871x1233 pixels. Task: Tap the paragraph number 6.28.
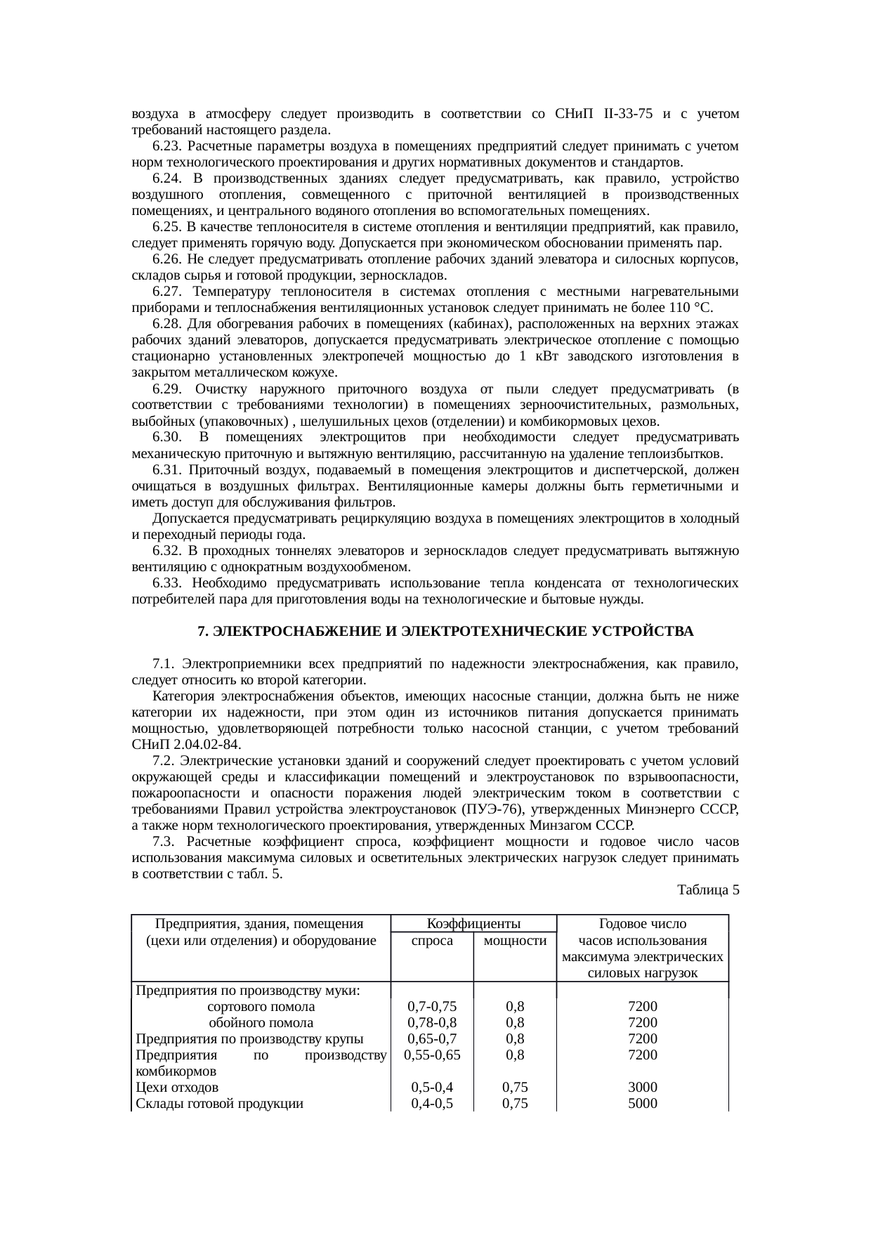click(166, 324)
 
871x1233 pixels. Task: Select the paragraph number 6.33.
click(166, 583)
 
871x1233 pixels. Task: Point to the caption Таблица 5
click(707, 891)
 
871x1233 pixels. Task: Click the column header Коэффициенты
click(473, 923)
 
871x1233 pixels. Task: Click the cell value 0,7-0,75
click(432, 1007)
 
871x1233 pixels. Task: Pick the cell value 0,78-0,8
click(432, 1023)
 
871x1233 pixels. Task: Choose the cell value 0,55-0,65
click(432, 1055)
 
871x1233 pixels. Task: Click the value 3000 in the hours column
click(642, 1088)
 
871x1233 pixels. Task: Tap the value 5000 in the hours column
click(642, 1104)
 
